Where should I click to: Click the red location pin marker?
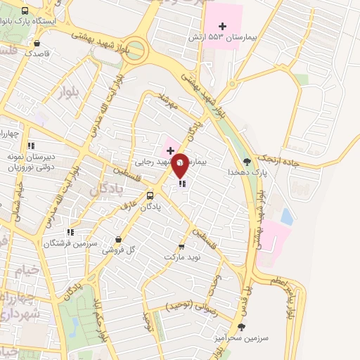(x=180, y=167)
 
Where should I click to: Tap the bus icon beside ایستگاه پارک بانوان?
(x=26, y=11)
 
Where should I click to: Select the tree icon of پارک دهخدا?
(x=246, y=161)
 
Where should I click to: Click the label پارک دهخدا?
(x=242, y=172)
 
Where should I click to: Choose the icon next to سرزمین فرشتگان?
(x=70, y=232)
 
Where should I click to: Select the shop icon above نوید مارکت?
(x=182, y=246)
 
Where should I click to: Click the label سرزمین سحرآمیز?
(x=243, y=338)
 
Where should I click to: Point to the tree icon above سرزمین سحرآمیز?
(x=242, y=327)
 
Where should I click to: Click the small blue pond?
(x=286, y=217)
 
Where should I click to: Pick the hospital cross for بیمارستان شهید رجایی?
(x=170, y=150)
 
